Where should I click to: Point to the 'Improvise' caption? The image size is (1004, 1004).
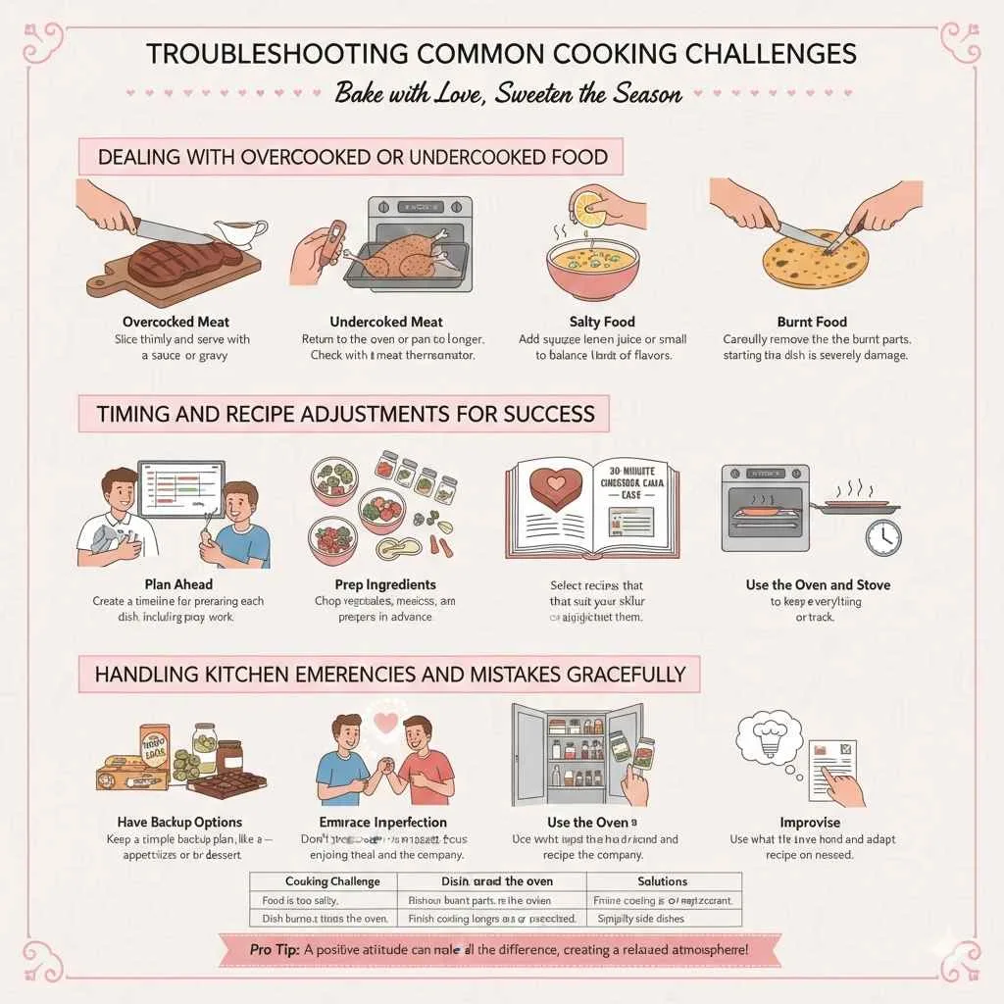point(809,823)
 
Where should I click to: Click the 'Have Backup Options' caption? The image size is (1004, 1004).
point(179,823)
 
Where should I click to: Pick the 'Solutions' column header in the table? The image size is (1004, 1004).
point(662,881)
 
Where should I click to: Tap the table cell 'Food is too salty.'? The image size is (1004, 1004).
point(304,900)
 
